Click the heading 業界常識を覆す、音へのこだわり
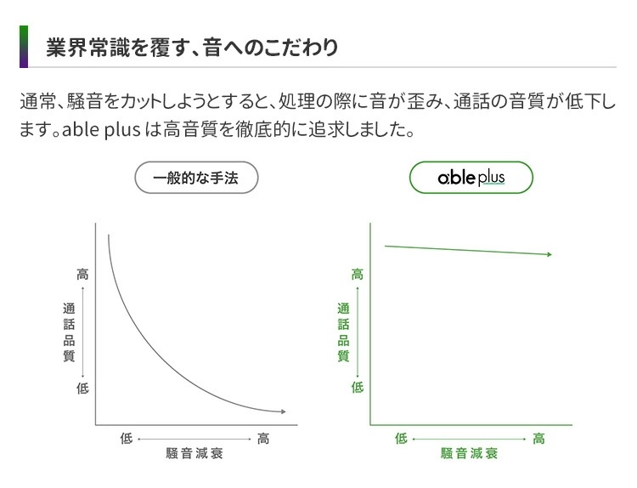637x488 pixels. pyautogui.click(x=191, y=47)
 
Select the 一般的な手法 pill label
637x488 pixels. pyautogui.click(x=196, y=179)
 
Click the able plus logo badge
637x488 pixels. pyautogui.click(x=471, y=179)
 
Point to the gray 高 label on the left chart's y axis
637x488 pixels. pyautogui.click(x=82, y=275)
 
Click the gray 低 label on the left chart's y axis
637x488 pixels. pyautogui.click(x=82, y=389)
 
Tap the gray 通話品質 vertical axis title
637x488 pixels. pyautogui.click(x=69, y=332)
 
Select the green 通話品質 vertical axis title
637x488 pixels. pyautogui.click(x=343, y=332)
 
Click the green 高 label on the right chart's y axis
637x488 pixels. pyautogui.click(x=358, y=275)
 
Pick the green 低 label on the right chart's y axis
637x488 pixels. pyautogui.click(x=358, y=388)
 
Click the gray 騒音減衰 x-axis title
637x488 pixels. pyautogui.click(x=194, y=454)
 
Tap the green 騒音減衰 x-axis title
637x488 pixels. pyautogui.click(x=469, y=454)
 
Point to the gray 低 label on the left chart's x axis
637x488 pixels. pyautogui.click(x=126, y=439)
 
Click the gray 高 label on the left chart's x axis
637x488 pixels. pyautogui.click(x=264, y=439)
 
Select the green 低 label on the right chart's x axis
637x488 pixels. pyautogui.click(x=401, y=439)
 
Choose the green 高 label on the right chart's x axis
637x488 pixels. pyautogui.click(x=539, y=439)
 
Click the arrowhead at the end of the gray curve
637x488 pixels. pyautogui.click(x=283, y=411)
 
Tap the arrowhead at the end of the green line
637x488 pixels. pyautogui.click(x=550, y=254)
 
